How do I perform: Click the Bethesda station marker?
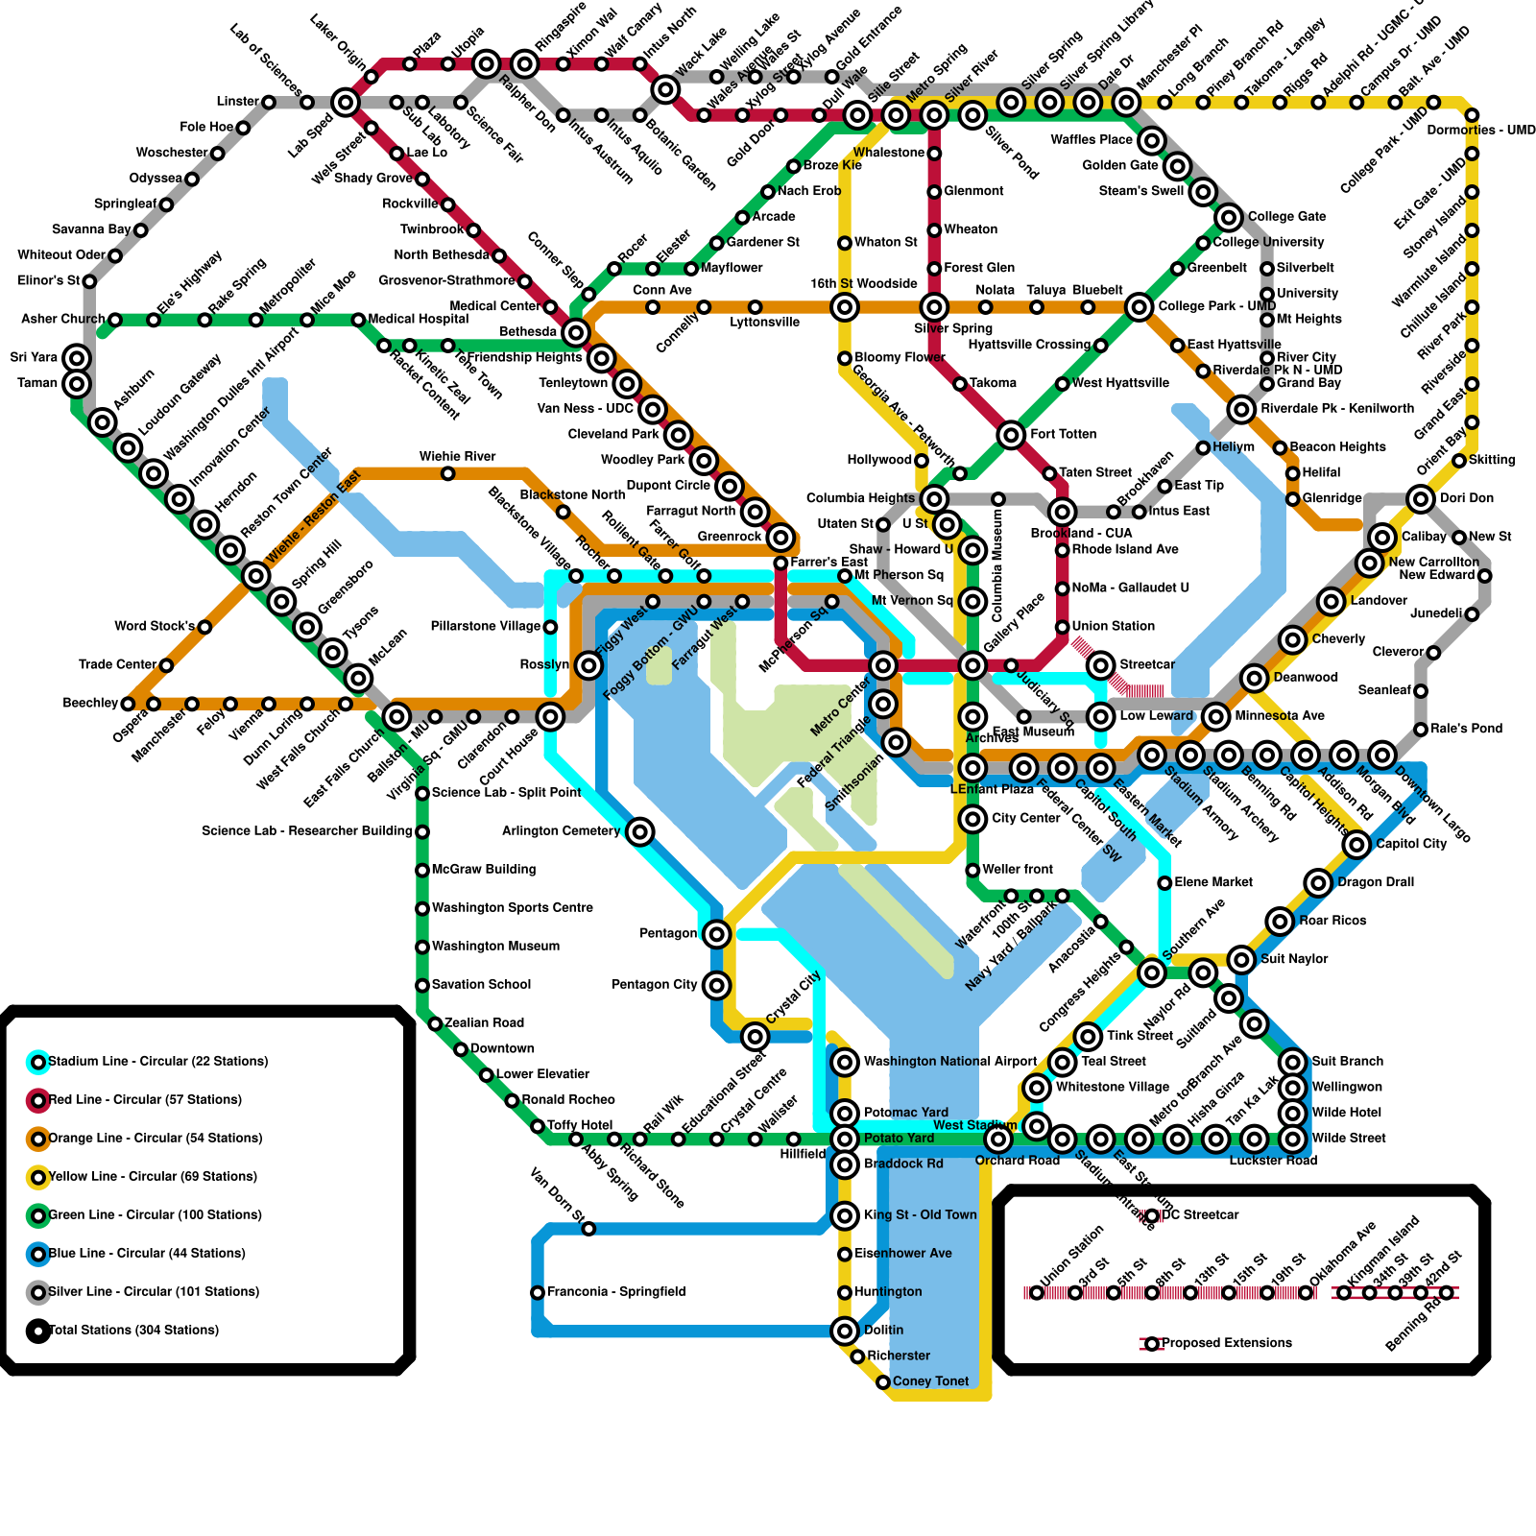coord(575,332)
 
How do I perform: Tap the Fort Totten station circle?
coord(1011,435)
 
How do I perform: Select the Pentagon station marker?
coord(716,933)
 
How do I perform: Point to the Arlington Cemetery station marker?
coord(640,831)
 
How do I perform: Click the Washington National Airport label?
coord(949,1062)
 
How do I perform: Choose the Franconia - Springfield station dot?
coord(538,1292)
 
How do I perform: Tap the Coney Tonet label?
coord(930,1381)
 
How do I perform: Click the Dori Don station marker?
coord(1421,498)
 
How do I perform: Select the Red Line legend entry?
coord(144,1100)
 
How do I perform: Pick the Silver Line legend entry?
coord(154,1292)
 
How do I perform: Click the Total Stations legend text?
coord(133,1331)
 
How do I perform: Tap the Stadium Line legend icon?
coord(37,1062)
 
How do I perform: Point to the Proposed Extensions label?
coord(1226,1343)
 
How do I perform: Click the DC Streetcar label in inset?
coord(1200,1215)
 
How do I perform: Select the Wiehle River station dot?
coord(447,473)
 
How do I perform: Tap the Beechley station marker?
coord(128,704)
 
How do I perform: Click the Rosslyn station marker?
coord(588,664)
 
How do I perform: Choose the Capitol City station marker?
coord(1356,844)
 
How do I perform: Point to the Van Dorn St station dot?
coord(588,1229)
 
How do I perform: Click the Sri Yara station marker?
coord(77,358)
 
